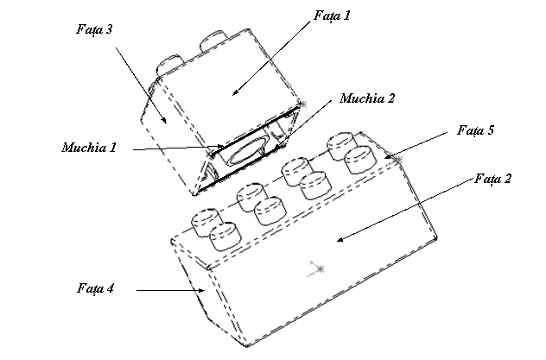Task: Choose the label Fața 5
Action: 475,131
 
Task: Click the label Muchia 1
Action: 88,147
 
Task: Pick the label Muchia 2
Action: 367,98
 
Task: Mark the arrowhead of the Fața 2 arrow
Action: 339,241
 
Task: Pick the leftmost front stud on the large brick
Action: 224,233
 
